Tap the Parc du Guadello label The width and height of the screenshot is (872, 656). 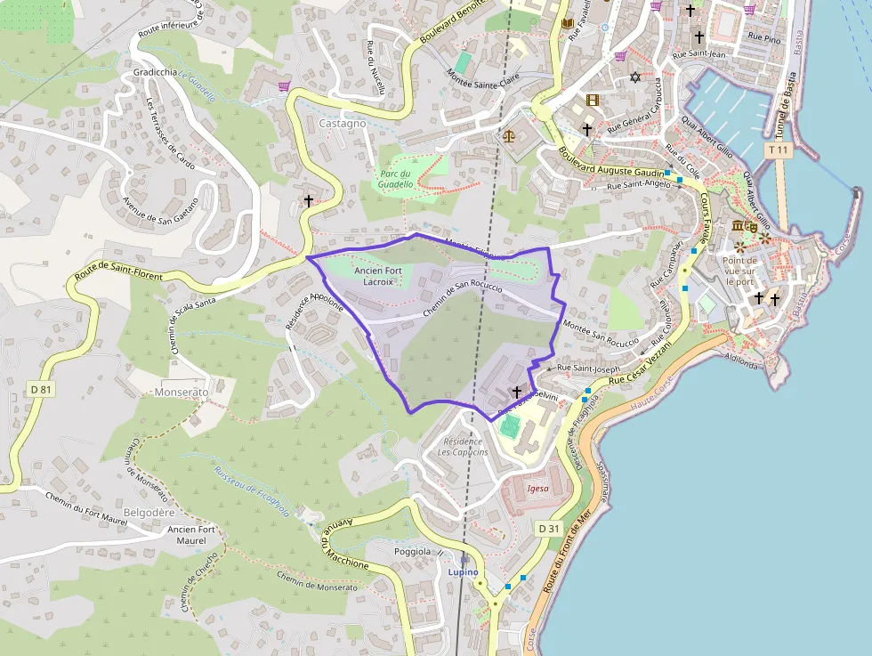pos(396,179)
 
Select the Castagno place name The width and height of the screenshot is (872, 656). pos(342,124)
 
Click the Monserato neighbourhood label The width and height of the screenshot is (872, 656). pos(181,392)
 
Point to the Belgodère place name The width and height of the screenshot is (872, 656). pos(149,513)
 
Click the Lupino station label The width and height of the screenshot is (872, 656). pos(463,571)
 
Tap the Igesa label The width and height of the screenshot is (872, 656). pos(537,489)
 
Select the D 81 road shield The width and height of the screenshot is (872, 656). pos(41,389)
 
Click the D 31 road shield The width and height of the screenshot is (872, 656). pos(549,529)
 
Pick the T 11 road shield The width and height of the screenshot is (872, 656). pos(779,150)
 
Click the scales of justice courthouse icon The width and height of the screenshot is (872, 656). pos(509,136)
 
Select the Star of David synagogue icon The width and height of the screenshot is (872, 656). pos(635,77)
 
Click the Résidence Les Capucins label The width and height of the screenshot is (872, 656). pos(463,447)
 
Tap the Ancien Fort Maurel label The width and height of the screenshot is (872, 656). pos(191,535)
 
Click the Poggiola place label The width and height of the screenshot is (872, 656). pos(412,552)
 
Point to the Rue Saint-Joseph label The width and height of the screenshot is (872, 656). pos(588,368)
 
